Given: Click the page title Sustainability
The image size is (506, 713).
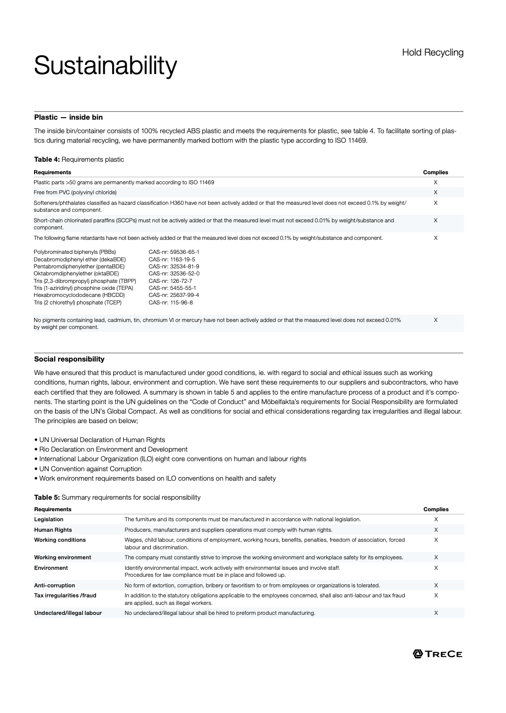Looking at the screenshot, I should [x=105, y=66].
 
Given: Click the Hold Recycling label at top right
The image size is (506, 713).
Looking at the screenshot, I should [x=432, y=53].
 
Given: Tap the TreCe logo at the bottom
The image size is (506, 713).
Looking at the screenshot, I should [x=437, y=653].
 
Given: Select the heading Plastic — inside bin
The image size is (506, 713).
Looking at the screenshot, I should [x=68, y=117].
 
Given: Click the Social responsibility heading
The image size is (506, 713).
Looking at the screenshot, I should [x=69, y=359].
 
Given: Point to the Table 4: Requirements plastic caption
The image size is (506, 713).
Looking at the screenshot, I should [x=79, y=159].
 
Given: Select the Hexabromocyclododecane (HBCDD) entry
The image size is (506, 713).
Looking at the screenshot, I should [x=79, y=295].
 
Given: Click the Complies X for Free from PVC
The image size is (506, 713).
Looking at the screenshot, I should [x=435, y=192].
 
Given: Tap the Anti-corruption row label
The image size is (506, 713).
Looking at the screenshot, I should [x=55, y=585].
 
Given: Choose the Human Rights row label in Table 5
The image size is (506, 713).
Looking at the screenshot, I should [x=53, y=530].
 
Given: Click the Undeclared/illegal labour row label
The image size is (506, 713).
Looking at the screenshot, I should [x=68, y=613].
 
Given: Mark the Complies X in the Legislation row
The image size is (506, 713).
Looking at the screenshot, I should [x=436, y=519].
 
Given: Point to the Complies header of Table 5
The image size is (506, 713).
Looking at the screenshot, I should [x=436, y=509].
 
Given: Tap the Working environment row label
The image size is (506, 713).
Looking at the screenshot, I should [x=63, y=557].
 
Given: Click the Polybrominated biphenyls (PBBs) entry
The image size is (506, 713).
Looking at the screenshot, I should [x=75, y=252].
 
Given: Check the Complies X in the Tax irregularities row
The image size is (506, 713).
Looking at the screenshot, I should [x=436, y=595].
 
